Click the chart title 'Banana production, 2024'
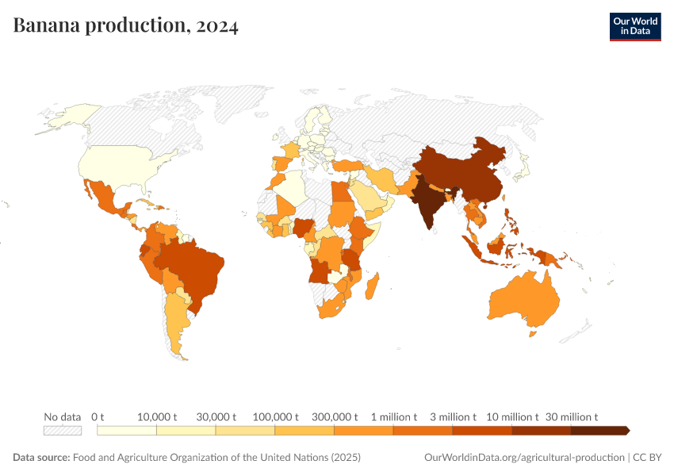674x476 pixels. (x=125, y=25)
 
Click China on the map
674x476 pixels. (x=468, y=175)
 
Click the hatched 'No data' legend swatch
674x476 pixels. (x=63, y=430)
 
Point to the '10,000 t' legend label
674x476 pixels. (x=156, y=416)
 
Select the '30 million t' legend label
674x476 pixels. (x=571, y=416)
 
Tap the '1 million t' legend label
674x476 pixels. (x=393, y=416)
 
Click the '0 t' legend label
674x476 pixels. (x=98, y=416)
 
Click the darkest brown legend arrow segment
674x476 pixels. (x=599, y=430)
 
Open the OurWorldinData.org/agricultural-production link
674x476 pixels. (x=524, y=458)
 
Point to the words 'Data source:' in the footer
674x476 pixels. (x=41, y=458)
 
